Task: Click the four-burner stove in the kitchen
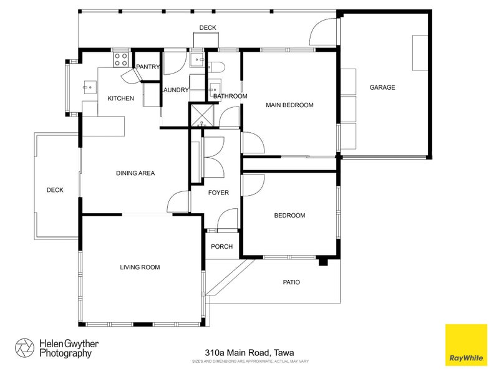click(x=120, y=60)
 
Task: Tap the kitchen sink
click(x=88, y=88)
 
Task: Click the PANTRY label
click(x=148, y=67)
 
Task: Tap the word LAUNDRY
click(x=175, y=90)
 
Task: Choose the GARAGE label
click(x=382, y=87)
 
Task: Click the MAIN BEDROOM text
click(x=289, y=105)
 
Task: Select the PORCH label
click(x=221, y=247)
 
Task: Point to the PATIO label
click(x=291, y=282)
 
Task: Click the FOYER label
click(x=218, y=193)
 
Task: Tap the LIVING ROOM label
click(x=140, y=267)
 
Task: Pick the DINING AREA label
click(x=135, y=173)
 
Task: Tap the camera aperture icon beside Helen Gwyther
click(x=25, y=348)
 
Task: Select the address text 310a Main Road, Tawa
click(x=249, y=352)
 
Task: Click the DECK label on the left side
click(x=55, y=190)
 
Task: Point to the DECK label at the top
click(x=208, y=27)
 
